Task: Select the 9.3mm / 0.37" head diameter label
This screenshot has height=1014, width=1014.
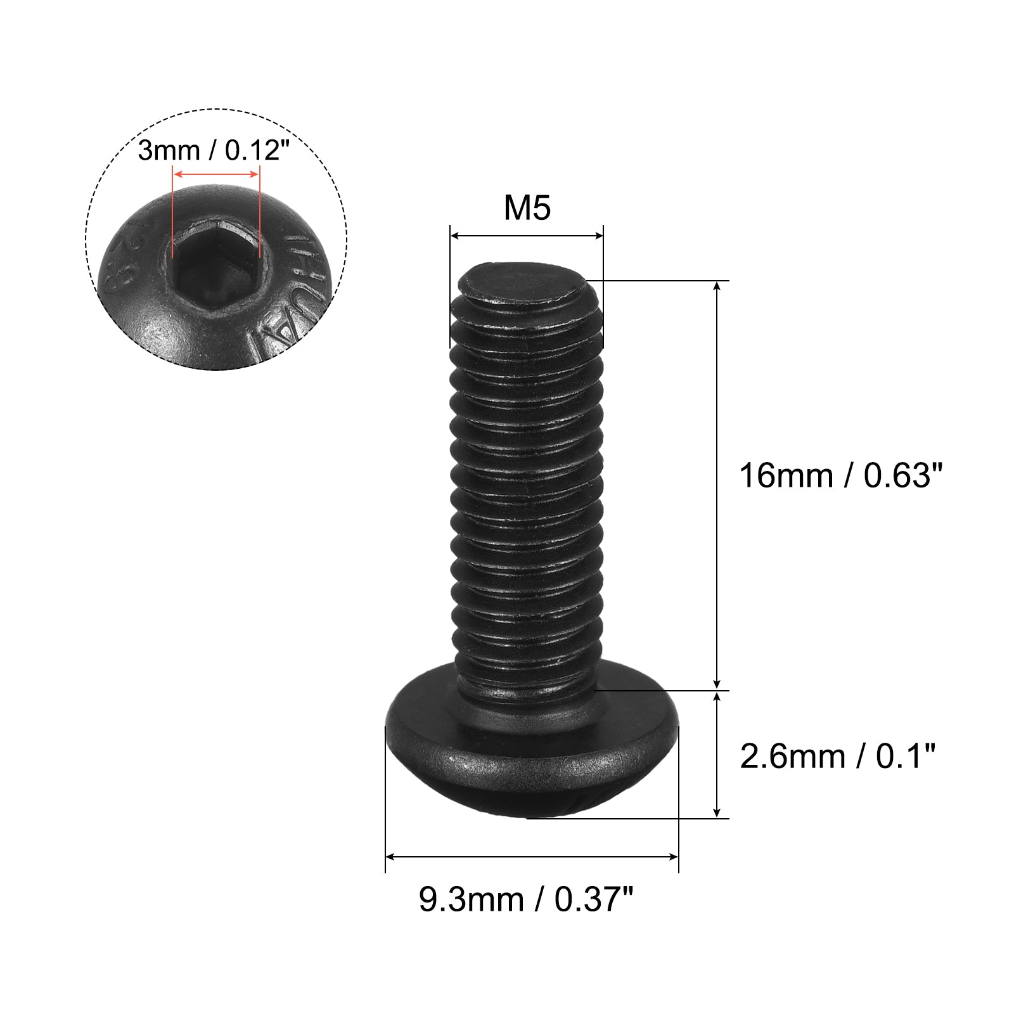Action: pos(525,899)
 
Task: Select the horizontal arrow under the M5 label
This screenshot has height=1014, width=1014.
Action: pos(527,236)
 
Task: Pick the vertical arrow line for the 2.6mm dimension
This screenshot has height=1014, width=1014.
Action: pos(717,754)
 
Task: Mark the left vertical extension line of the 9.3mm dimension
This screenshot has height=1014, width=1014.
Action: pos(385,799)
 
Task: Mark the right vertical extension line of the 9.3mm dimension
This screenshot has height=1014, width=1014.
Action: pos(679,799)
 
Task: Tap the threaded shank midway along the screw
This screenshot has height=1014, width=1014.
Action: pos(526,482)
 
